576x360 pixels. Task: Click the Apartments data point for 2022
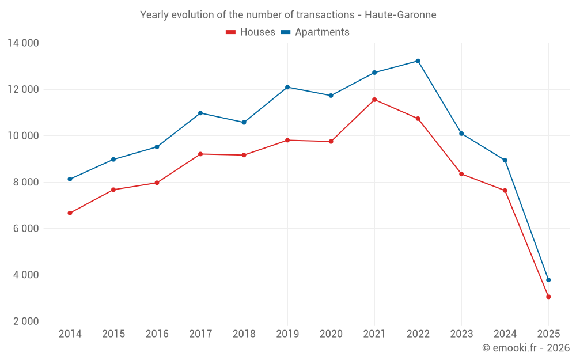(418, 61)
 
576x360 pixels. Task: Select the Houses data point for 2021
(374, 100)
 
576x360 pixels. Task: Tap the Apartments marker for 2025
(548, 280)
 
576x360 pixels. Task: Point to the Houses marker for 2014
(70, 213)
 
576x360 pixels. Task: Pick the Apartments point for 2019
(287, 87)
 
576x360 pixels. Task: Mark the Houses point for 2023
(461, 174)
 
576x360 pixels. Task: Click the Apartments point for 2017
(200, 113)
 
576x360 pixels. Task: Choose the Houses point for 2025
(548, 297)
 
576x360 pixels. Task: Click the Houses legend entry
(251, 32)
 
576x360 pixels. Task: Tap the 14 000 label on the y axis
(23, 43)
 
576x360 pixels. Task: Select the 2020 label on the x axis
(331, 334)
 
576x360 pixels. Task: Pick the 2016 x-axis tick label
(157, 334)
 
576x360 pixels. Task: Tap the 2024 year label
(505, 334)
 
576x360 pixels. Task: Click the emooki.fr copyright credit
(526, 348)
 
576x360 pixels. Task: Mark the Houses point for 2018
(244, 155)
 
